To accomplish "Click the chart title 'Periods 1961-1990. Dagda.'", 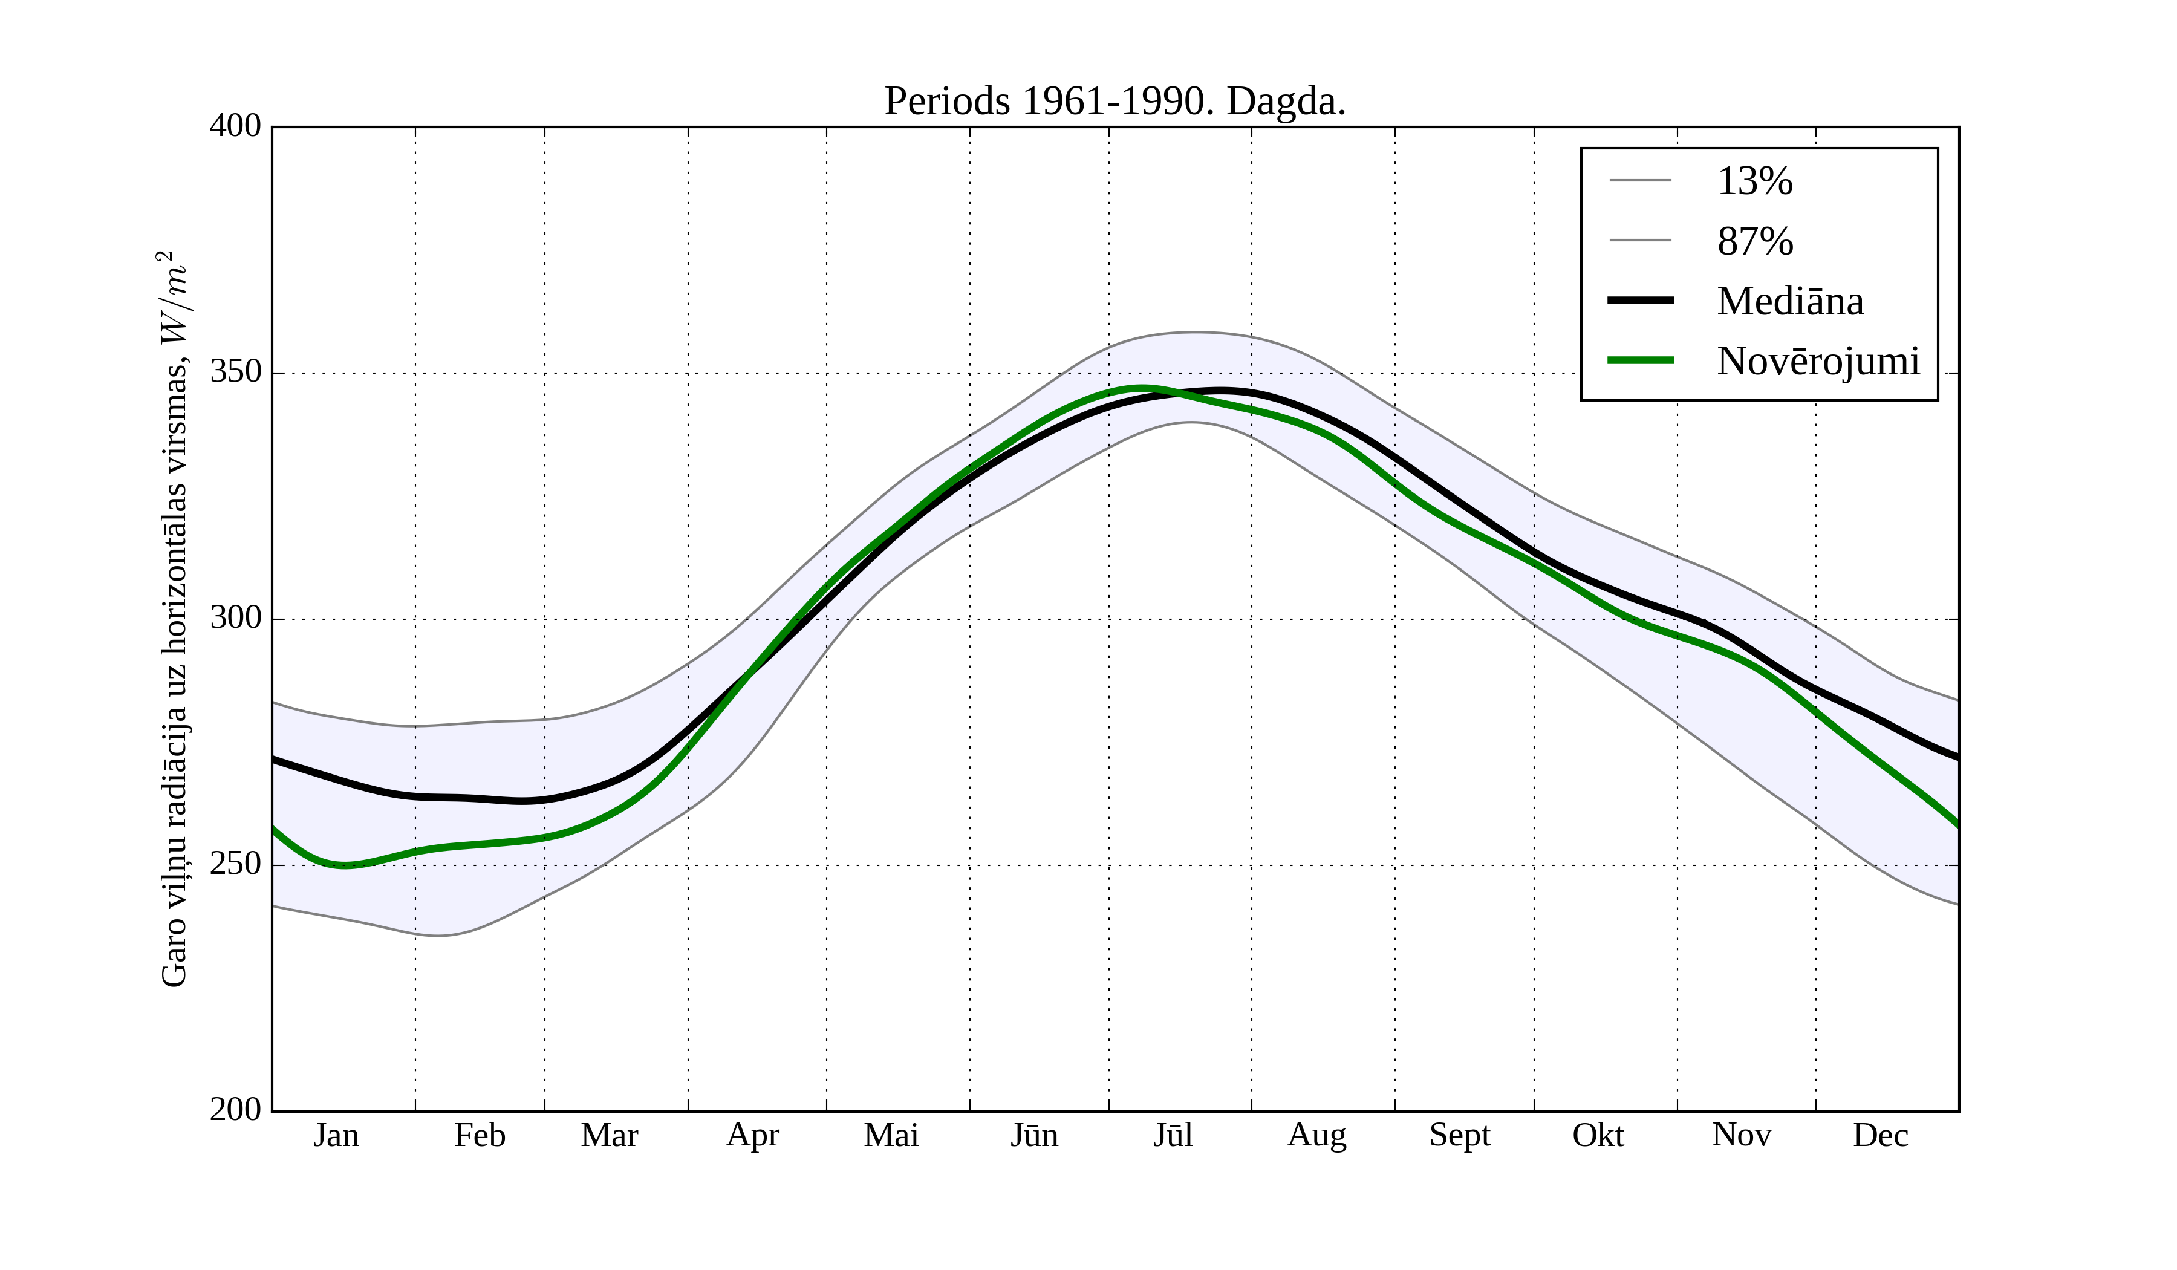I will (1115, 102).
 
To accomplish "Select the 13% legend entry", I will (1754, 181).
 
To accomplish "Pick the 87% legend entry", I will (1754, 241).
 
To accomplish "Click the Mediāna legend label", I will (1790, 302).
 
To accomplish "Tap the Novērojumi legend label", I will (1818, 361).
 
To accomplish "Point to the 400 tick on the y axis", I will (235, 126).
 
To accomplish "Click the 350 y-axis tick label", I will (235, 373).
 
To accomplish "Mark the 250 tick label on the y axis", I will (235, 864).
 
